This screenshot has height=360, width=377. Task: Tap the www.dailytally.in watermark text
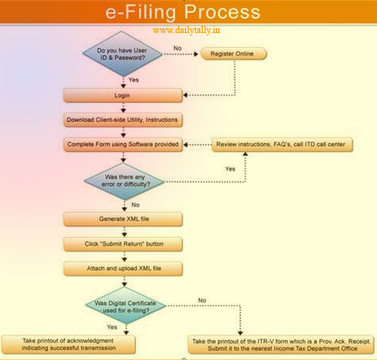pos(186,31)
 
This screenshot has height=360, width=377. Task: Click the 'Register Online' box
pos(233,54)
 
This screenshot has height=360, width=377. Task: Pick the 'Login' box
pos(123,95)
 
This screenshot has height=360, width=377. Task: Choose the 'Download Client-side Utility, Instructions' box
pos(123,120)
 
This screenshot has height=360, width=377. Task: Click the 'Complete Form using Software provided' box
pos(123,144)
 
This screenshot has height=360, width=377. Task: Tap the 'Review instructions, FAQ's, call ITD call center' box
pos(281,144)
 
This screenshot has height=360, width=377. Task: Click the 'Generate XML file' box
pos(123,218)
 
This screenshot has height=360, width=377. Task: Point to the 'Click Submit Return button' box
pos(123,243)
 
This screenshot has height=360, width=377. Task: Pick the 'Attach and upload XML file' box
pos(123,269)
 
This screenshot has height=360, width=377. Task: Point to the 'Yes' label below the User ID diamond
pos(133,79)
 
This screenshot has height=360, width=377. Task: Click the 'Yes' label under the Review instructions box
pos(230,169)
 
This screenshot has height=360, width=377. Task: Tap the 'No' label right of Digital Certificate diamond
pos(202,300)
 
